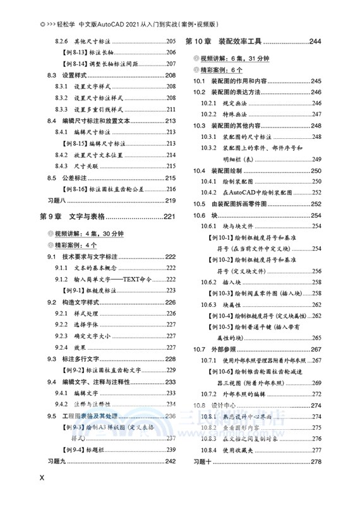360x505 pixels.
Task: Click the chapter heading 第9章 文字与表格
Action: [x=75, y=217]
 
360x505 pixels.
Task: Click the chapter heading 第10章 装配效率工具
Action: [x=224, y=42]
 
